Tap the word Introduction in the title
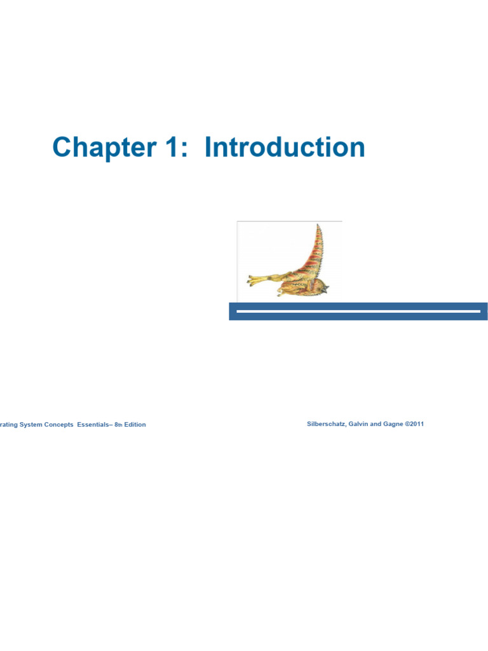coord(285,148)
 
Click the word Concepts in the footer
coord(58,425)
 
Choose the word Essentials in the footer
coord(93,425)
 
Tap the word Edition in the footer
coord(135,425)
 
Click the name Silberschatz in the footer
coord(326,424)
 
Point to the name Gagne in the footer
coord(393,424)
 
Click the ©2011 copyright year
coord(414,424)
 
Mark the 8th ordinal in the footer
coord(118,425)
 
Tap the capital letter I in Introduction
coord(208,148)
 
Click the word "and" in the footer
coord(376,424)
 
